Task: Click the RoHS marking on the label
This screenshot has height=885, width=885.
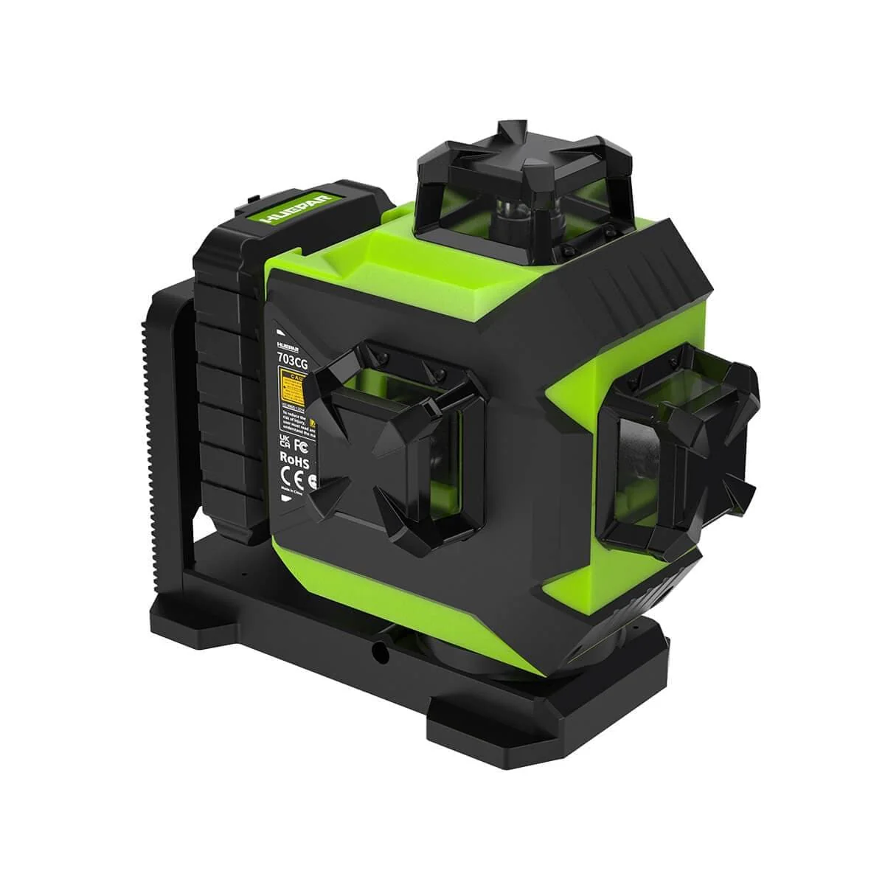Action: [x=293, y=458]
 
